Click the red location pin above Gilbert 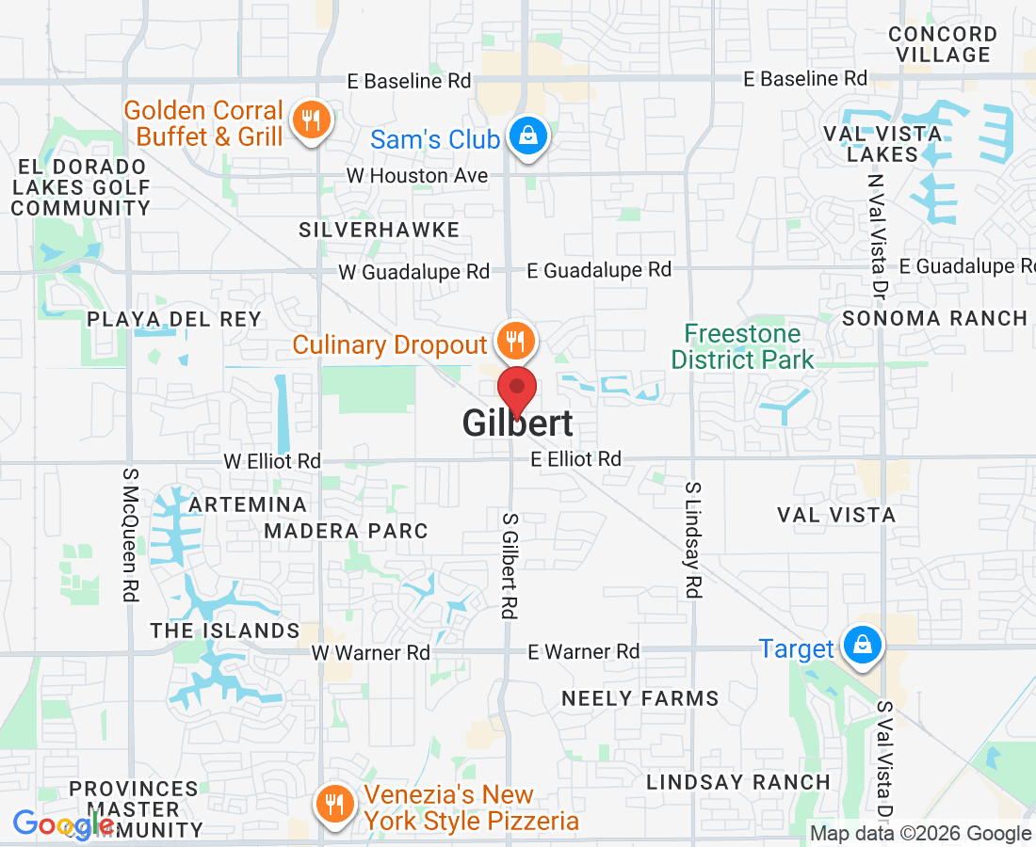point(517,388)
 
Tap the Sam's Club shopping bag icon point(528,136)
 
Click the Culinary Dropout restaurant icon point(514,340)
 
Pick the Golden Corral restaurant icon point(310,120)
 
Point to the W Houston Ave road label point(417,176)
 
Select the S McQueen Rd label point(131,532)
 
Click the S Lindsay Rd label point(693,540)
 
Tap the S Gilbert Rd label point(510,566)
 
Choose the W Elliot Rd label point(272,461)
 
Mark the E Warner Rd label point(583,651)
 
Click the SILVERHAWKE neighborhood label point(380,230)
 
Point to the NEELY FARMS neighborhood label point(640,698)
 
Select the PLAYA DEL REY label point(174,319)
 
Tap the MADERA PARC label point(346,531)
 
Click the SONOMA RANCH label point(934,318)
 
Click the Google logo point(63,825)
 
